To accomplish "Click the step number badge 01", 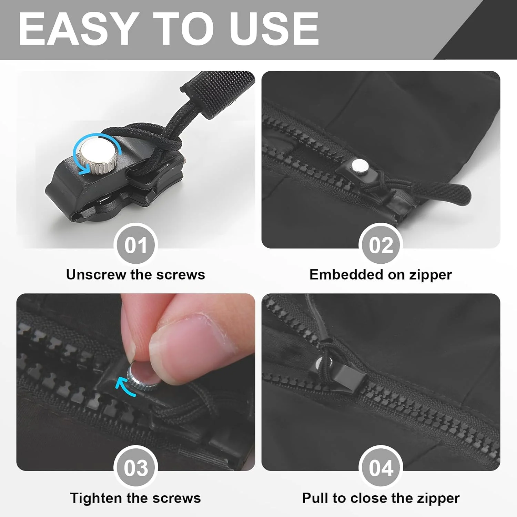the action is [136, 245].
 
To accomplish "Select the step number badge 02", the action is [381, 245].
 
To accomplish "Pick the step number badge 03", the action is [136, 468].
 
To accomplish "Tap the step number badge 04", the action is [381, 468].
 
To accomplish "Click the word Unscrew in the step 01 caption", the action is [96, 275].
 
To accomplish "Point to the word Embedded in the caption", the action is [346, 275].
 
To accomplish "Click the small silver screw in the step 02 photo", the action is [360, 167].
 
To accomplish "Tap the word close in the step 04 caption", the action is [369, 498].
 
